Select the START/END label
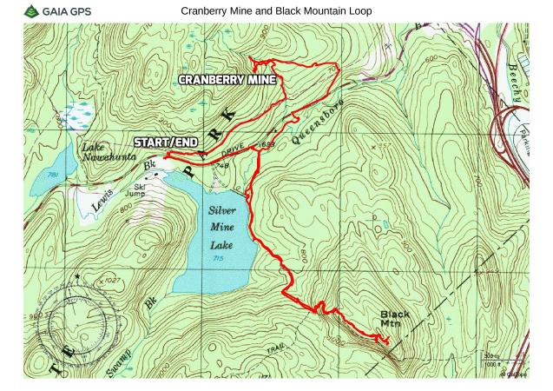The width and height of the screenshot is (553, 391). [165, 141]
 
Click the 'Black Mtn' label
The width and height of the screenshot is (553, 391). [394, 319]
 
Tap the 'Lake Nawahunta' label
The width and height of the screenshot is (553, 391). [106, 153]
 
